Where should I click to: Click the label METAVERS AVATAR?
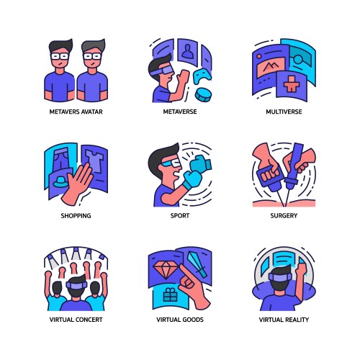(76, 112)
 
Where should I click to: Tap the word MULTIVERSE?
(284, 112)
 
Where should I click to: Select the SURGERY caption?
(284, 216)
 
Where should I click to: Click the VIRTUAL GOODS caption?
(180, 320)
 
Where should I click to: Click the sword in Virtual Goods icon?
(197, 264)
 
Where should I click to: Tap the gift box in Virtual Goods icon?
(170, 295)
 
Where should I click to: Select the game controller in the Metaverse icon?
(202, 76)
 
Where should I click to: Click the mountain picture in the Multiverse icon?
(271, 66)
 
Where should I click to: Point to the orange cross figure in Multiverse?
(291, 84)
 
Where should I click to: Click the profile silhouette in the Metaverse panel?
(187, 52)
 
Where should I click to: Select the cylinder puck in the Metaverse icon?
(203, 95)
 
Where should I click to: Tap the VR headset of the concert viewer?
(76, 285)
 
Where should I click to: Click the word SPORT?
(180, 216)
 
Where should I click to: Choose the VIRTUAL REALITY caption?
(284, 320)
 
